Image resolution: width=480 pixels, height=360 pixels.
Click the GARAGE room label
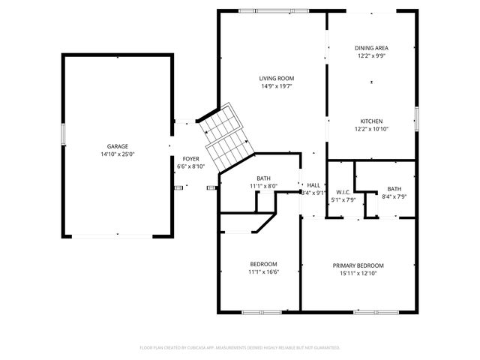[x=117, y=146]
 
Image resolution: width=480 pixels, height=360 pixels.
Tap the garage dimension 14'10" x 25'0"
[x=117, y=154]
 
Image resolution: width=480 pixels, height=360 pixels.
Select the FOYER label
[x=190, y=159]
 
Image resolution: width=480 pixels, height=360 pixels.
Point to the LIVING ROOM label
[x=276, y=78]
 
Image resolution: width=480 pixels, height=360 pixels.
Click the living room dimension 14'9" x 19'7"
[x=276, y=85]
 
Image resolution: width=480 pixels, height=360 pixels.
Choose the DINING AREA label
[x=372, y=47]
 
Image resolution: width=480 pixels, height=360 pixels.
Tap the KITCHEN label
[x=372, y=121]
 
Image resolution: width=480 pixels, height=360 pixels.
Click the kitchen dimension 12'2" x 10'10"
[x=372, y=129]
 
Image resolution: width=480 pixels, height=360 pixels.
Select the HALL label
[x=313, y=185]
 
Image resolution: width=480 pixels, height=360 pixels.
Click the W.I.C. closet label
[x=344, y=192]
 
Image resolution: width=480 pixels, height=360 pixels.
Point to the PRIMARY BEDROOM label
[x=358, y=265]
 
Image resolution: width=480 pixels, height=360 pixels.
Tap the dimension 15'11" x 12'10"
[x=358, y=273]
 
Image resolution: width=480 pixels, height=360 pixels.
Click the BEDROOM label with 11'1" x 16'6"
[x=263, y=264]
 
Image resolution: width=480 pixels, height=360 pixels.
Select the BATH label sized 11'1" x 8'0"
[x=263, y=178]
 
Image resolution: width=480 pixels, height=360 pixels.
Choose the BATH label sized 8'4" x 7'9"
[x=394, y=189]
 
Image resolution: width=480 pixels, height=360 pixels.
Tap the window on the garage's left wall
[x=64, y=134]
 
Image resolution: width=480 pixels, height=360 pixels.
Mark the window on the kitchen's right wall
[x=415, y=115]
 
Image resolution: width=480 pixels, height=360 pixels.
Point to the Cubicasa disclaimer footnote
[x=240, y=347]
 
